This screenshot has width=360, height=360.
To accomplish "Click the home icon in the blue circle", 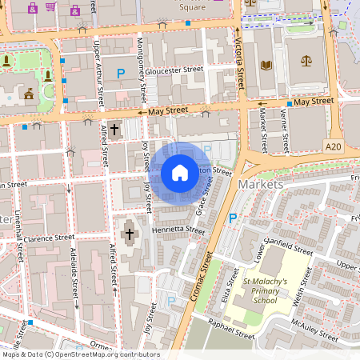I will (180, 172).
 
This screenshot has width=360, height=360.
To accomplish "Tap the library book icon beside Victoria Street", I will (266, 62).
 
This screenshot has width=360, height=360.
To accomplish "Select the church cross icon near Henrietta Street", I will (129, 234).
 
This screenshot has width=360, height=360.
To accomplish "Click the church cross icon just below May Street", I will (114, 128).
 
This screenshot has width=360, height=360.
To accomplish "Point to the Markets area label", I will (262, 185).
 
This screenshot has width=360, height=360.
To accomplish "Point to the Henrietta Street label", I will (178, 230).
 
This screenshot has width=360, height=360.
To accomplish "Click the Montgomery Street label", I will (144, 61).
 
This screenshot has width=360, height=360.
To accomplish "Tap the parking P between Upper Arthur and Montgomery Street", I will (121, 74).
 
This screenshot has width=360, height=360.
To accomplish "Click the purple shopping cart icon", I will (51, 8).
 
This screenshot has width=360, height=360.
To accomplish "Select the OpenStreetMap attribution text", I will (80, 354).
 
